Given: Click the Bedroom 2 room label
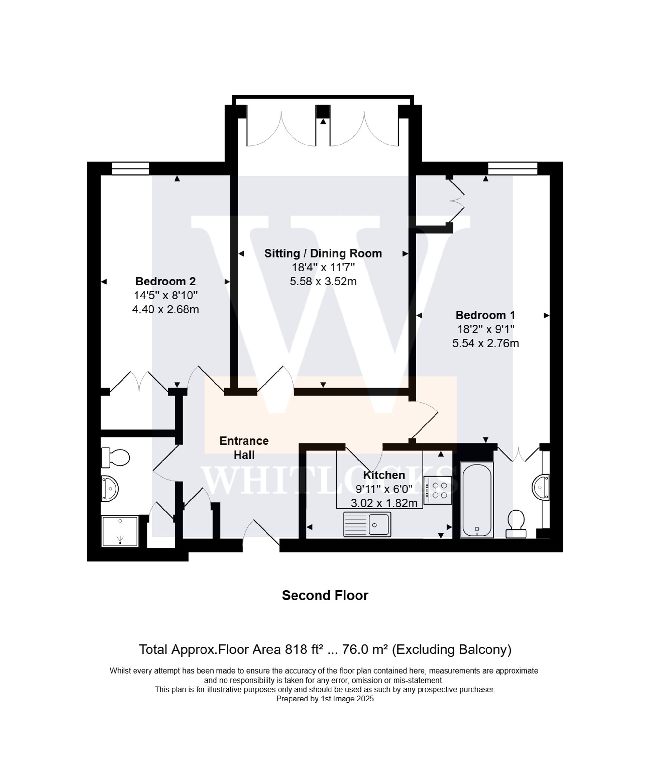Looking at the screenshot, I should click(x=165, y=281).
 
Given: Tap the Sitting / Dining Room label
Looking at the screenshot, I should click(x=323, y=253).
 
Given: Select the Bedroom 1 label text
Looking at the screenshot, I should click(x=485, y=315).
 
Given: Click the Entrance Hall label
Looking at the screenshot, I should click(x=244, y=448).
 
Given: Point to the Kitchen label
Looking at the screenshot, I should click(x=383, y=475).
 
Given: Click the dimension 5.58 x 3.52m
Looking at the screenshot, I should click(x=323, y=282).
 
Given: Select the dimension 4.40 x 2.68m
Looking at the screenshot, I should click(x=165, y=309).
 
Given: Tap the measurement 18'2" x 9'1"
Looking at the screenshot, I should click(x=485, y=329).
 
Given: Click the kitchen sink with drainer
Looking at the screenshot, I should click(x=367, y=524).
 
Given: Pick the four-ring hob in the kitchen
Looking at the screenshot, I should click(x=438, y=490).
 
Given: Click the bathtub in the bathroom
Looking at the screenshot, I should click(x=477, y=500).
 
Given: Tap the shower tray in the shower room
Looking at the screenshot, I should click(x=120, y=531).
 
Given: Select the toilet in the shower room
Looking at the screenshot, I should click(x=116, y=458).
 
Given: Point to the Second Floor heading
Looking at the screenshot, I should click(x=325, y=596).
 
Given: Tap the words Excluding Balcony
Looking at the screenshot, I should click(x=451, y=650).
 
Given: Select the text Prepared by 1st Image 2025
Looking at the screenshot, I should click(x=325, y=699).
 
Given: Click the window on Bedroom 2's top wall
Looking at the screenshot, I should click(x=130, y=169).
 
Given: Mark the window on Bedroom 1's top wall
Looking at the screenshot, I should click(x=513, y=169).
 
